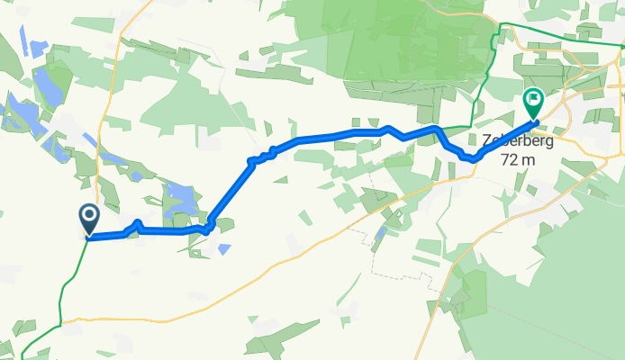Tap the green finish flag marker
pyautogui.click(x=532, y=102)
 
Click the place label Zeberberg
pyautogui.click(x=513, y=142)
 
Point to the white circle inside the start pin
pyautogui.click(x=90, y=214)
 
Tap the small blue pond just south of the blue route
pyautogui.click(x=222, y=247)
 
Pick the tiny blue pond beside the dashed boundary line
pyautogui.click(x=381, y=235)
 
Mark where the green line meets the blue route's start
pyautogui.click(x=88, y=238)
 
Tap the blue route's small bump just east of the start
pyautogui.click(x=137, y=222)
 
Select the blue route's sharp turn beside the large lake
pyautogui.click(x=209, y=226)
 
